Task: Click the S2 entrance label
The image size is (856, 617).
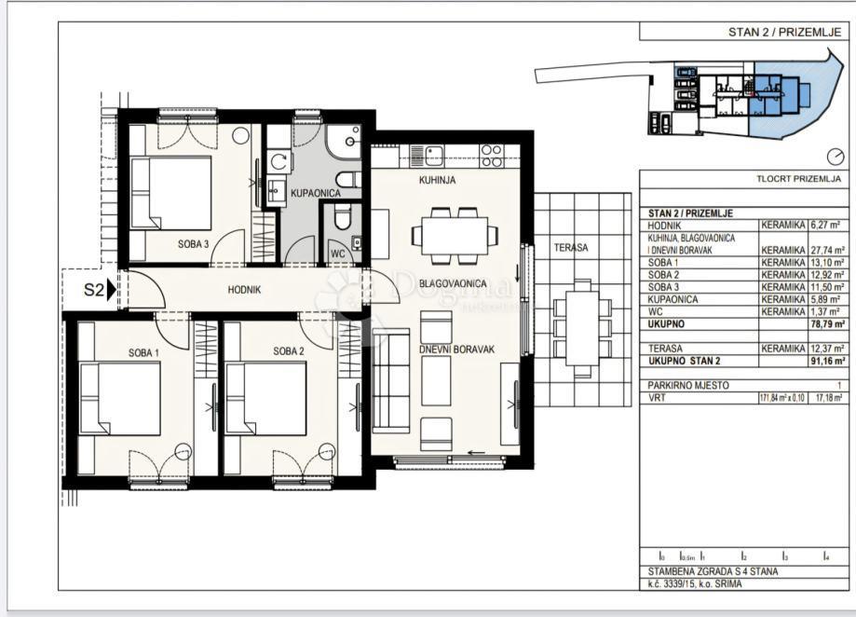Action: pyautogui.click(x=92, y=290)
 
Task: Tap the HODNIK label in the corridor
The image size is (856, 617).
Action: pyautogui.click(x=244, y=290)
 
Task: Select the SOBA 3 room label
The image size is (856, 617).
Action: pyautogui.click(x=193, y=244)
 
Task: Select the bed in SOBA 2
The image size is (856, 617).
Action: pyautogui.click(x=266, y=399)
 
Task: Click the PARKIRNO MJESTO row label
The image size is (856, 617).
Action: pyautogui.click(x=688, y=384)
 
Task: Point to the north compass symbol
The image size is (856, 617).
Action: pyautogui.click(x=835, y=157)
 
